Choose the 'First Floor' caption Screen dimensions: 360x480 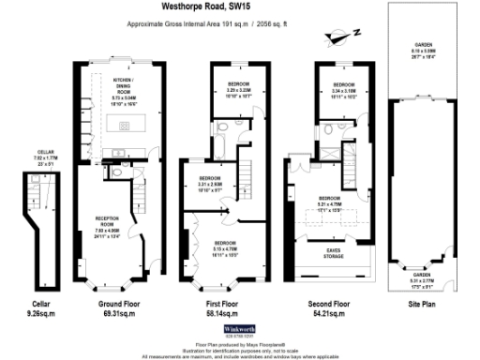coord(225,305)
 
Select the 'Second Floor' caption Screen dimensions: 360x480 coord(329,305)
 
